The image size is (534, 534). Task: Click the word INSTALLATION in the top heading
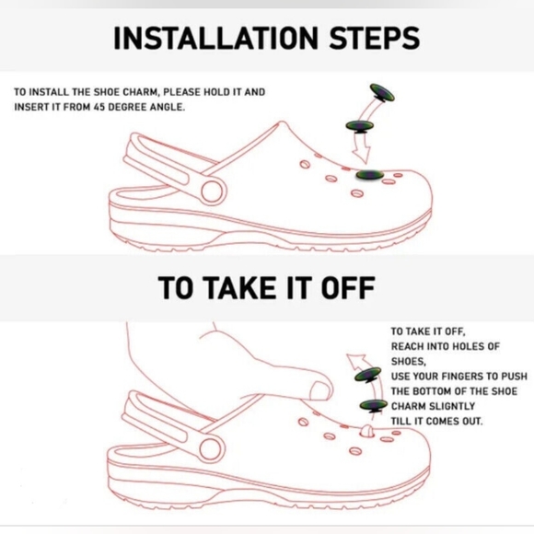click(216, 38)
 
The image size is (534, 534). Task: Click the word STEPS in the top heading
click(375, 38)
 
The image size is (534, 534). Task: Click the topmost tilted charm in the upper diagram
click(383, 92)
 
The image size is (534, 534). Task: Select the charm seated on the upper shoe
click(370, 175)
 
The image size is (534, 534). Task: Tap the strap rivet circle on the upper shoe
click(212, 192)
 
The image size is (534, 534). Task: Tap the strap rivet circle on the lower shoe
click(211, 448)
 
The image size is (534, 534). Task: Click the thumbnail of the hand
click(320, 390)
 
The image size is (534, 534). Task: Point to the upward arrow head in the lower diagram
click(355, 361)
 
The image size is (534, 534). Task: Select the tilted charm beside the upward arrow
click(367, 376)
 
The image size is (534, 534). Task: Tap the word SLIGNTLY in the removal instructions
click(452, 406)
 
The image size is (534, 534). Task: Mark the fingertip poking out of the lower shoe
click(366, 431)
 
